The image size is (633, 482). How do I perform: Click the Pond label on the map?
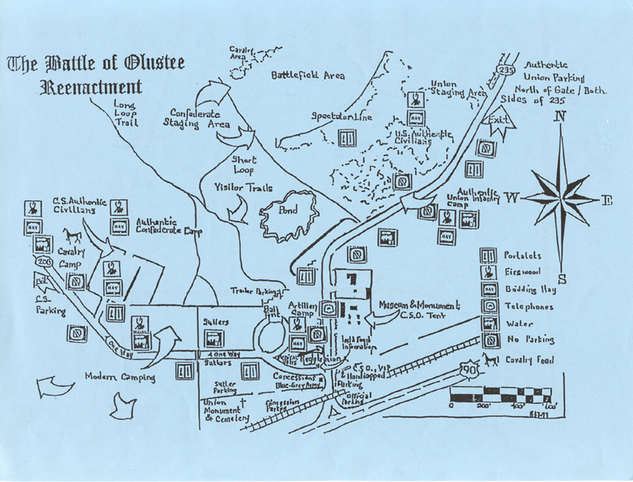pos(288,210)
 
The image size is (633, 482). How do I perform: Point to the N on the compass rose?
pos(561,118)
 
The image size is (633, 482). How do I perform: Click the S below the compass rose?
pos(561,277)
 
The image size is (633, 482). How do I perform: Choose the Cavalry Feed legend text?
pos(530,360)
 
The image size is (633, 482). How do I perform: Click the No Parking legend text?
pos(530,341)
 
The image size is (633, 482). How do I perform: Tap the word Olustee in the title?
pos(154,65)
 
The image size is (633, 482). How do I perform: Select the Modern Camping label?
pos(110,377)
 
